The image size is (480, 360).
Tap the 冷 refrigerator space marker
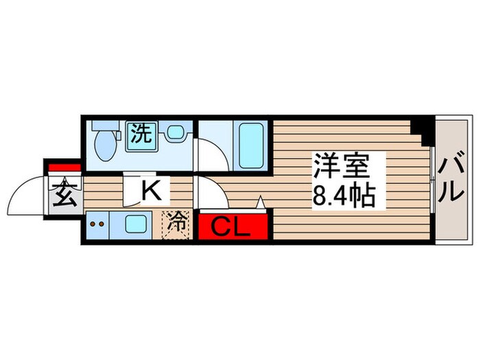[177, 222]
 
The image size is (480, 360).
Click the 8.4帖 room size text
[344, 197]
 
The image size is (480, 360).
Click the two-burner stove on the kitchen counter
[97, 223]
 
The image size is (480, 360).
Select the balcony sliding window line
[432, 180]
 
